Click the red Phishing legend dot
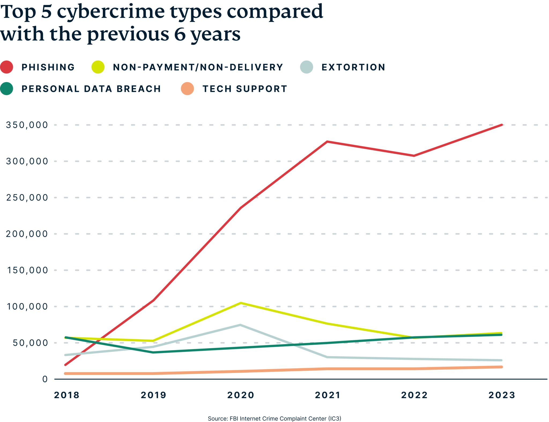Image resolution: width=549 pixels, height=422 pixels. pos(7,67)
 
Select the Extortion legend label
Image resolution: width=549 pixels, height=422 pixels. pos(353,67)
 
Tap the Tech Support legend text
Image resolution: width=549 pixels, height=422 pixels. pos(245,89)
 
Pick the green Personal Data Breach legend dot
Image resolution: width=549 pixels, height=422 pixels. pos(7,89)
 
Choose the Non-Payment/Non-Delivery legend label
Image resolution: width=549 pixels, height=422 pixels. pos(198,67)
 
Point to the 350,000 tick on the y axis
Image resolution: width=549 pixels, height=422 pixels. pos(27,125)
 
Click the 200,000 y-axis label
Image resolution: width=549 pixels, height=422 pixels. pos(27,234)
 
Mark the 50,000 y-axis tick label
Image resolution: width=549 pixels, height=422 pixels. pos(30,343)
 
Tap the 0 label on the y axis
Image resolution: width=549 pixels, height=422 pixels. pos(45,379)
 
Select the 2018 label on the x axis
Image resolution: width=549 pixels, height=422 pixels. pos(67,395)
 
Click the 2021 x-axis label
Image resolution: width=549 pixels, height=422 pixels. pos(327,395)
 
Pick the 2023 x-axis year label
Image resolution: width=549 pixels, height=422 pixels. pos(502,395)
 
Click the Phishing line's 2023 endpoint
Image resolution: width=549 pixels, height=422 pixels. pos(502,125)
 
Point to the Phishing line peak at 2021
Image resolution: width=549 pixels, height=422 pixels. pos(327,141)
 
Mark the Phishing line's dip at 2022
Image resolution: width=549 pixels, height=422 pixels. pos(414,156)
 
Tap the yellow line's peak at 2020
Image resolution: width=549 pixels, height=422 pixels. pos(241,303)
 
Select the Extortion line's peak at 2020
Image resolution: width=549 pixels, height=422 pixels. pos(240,325)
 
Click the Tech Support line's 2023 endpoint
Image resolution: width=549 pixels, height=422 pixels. pos(502,367)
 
